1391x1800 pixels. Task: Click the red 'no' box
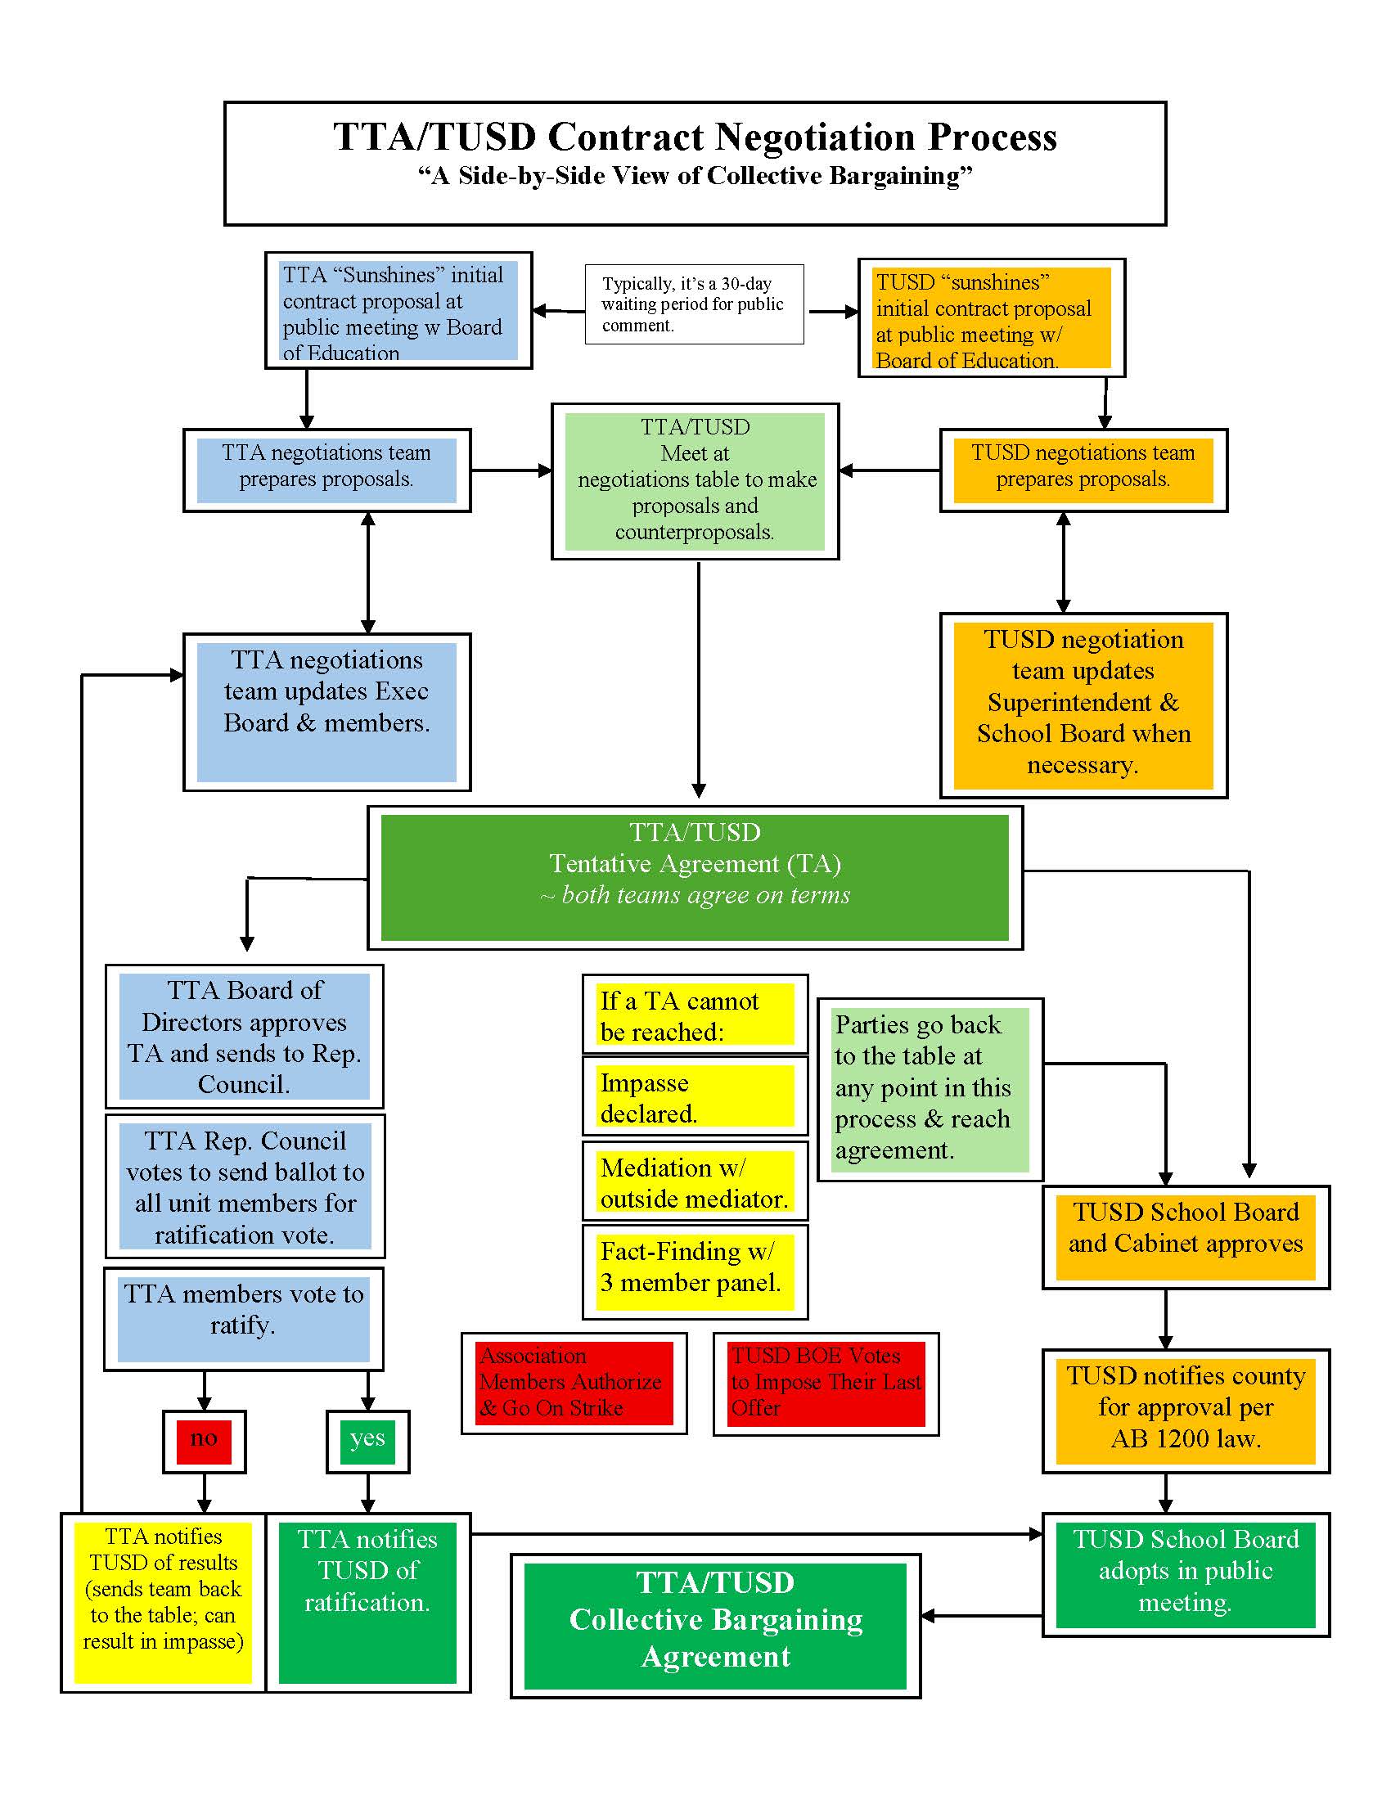(x=204, y=1442)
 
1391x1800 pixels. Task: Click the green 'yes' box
(x=367, y=1442)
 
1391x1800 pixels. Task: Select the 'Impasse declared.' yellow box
(x=695, y=1097)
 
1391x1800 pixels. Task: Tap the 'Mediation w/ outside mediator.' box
(x=695, y=1182)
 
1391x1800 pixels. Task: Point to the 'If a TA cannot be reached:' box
(x=695, y=1015)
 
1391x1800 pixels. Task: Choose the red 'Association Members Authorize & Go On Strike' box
(x=574, y=1382)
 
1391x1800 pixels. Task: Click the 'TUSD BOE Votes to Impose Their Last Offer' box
(x=826, y=1382)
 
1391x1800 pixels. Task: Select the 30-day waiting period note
(x=694, y=304)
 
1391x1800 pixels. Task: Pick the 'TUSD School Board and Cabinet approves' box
(x=1185, y=1236)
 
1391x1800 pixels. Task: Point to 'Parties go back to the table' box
(x=930, y=1089)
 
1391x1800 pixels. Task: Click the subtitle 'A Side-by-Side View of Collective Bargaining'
(x=695, y=177)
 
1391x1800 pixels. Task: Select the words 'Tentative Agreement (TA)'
(x=695, y=864)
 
